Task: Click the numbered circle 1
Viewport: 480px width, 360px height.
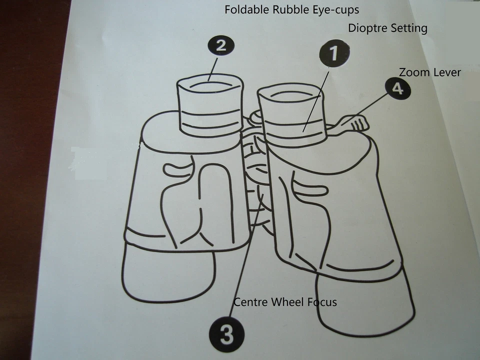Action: click(334, 53)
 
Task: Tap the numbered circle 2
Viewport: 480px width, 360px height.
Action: click(221, 46)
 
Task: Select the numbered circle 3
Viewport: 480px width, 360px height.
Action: click(227, 334)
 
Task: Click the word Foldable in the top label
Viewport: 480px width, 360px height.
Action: click(247, 9)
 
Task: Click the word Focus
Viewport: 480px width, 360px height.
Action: click(322, 302)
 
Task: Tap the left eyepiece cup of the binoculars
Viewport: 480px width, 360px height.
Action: click(210, 105)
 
